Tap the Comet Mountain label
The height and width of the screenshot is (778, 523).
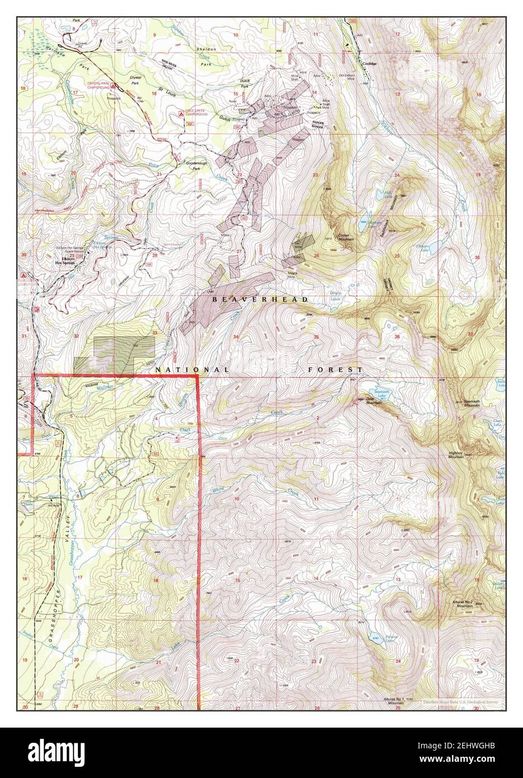[x=345, y=237]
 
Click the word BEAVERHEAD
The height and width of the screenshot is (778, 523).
[x=260, y=300]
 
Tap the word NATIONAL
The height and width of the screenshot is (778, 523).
[x=192, y=370]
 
